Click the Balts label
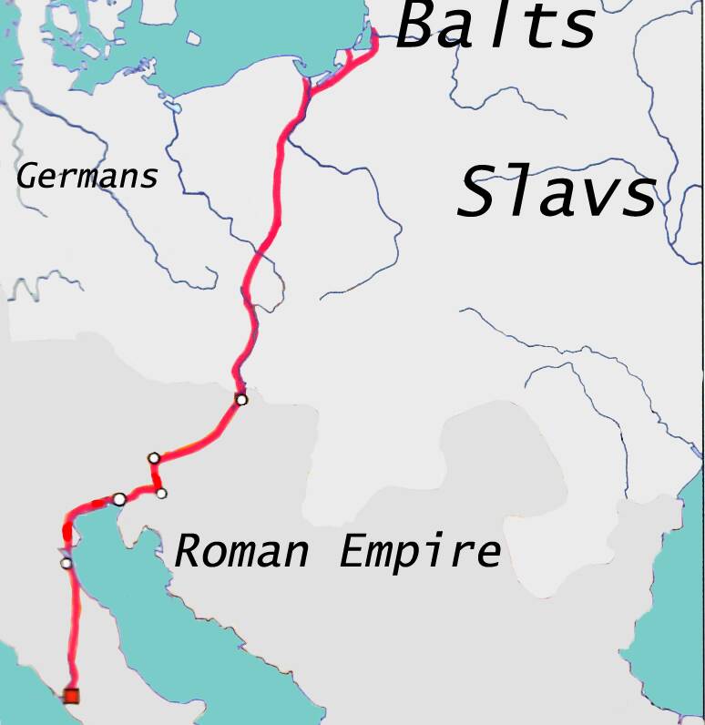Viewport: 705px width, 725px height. pos(496,26)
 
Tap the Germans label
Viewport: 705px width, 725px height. pos(87,176)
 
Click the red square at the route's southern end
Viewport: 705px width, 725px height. pos(71,697)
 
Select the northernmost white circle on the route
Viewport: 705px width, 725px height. pos(240,399)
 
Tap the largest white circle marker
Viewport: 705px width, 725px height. pos(119,498)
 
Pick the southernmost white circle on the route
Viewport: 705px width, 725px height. pos(66,563)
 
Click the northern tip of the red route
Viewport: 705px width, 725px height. pos(375,33)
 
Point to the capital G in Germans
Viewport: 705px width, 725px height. pos(27,175)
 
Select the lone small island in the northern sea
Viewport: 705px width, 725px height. pos(194,39)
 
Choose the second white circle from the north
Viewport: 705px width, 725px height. pos(154,457)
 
